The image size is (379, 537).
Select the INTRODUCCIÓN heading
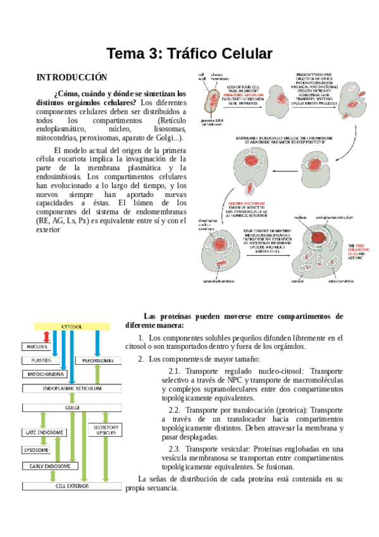pyautogui.click(x=68, y=77)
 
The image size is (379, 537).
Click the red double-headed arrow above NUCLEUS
pyautogui.click(x=46, y=336)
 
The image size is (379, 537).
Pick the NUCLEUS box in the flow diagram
pyautogui.click(x=37, y=347)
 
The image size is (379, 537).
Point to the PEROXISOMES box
pyautogui.click(x=98, y=360)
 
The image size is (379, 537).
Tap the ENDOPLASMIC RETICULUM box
pyautogui.click(x=71, y=388)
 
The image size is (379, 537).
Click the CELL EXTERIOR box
pyautogui.click(x=71, y=486)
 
